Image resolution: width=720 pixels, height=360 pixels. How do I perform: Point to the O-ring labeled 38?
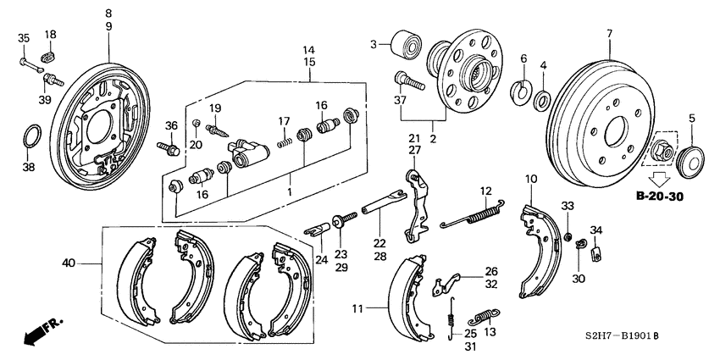tap(31, 135)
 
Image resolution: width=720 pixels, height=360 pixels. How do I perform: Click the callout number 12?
tap(485, 191)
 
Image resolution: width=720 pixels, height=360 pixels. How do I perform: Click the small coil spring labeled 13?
tap(483, 318)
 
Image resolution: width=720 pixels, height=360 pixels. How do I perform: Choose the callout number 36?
tap(172, 127)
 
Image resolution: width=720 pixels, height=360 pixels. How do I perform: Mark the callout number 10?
tap(531, 179)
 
